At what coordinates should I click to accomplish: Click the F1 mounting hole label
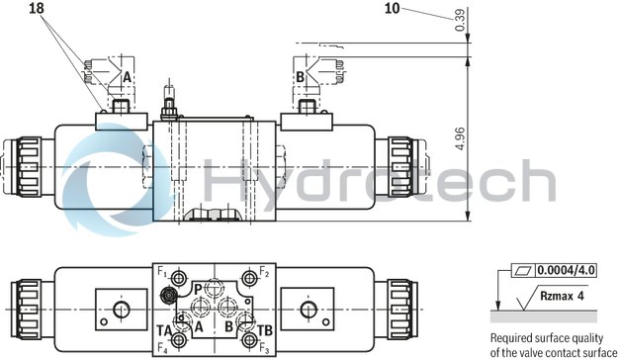coord(161,270)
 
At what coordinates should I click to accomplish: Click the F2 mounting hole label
coord(264,270)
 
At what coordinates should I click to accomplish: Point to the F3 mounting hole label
coord(264,348)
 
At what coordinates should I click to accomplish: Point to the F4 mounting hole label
coord(161,348)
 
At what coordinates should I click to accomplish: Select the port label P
coord(198,288)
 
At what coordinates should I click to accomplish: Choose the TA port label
coord(163,329)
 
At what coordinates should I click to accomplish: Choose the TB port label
coord(264,329)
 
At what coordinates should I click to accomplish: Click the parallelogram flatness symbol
coord(523,269)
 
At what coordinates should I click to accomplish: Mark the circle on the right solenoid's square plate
coord(307,311)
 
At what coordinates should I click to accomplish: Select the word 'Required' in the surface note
coord(513,338)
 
